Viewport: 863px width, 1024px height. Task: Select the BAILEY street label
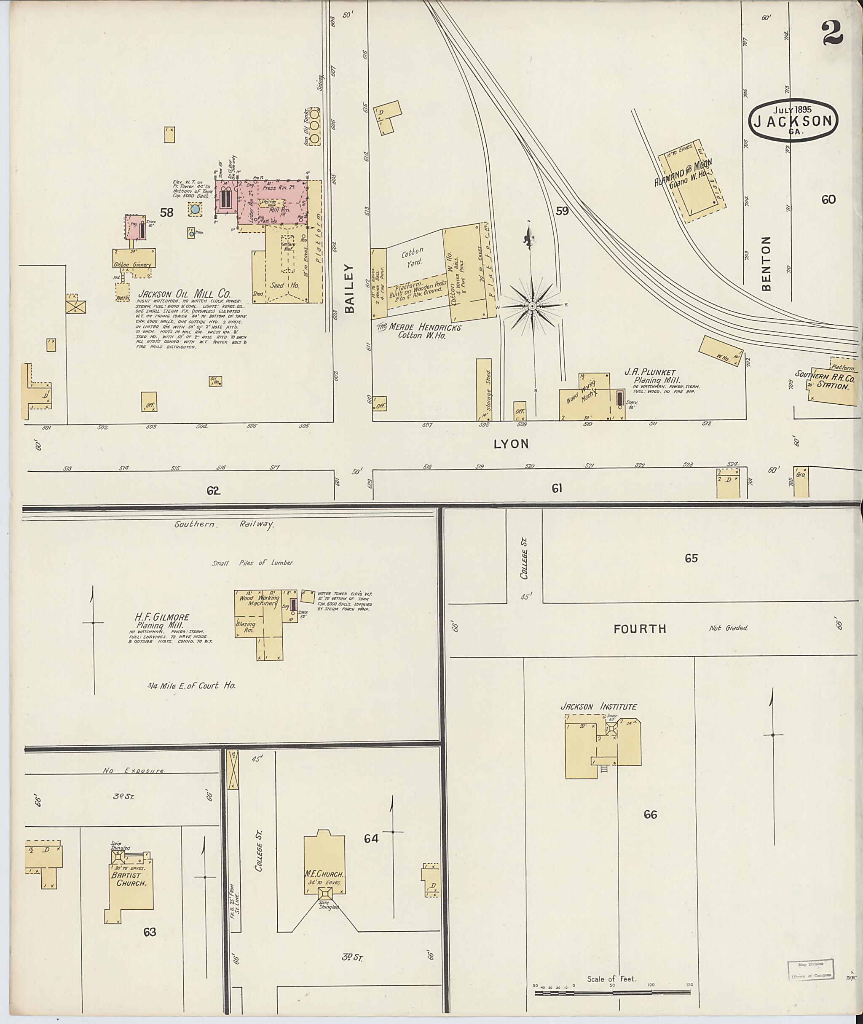pyautogui.click(x=349, y=288)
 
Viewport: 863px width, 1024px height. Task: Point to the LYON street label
pyautogui.click(x=511, y=444)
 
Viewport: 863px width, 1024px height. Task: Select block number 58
pyautogui.click(x=167, y=212)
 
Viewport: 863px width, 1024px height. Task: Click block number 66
pyautogui.click(x=650, y=814)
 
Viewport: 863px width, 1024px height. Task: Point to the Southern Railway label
pyautogui.click(x=224, y=524)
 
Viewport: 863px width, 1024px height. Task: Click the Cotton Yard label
pyautogui.click(x=412, y=256)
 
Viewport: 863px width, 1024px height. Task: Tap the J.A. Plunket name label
pyautogui.click(x=649, y=373)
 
